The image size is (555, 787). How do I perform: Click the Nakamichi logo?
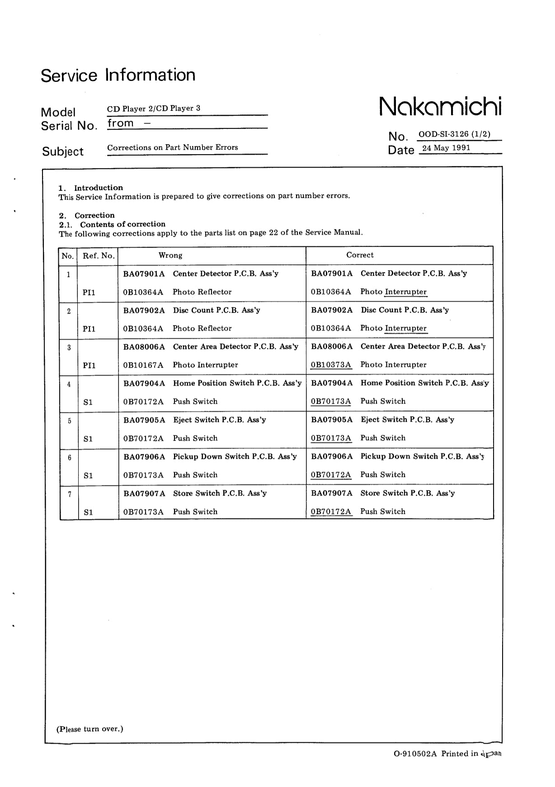[440, 106]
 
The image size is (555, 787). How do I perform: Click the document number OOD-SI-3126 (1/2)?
[454, 134]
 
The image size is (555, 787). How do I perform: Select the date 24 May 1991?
[446, 148]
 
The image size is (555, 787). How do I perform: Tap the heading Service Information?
[118, 75]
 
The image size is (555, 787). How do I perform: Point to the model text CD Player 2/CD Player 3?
[153, 108]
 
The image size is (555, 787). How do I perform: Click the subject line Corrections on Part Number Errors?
[172, 147]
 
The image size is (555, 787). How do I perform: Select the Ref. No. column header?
[98, 256]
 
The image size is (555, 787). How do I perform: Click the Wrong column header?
[170, 255]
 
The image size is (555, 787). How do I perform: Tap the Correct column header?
[360, 255]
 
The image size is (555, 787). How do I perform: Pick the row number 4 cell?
[69, 385]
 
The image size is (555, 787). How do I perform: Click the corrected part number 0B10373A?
[331, 365]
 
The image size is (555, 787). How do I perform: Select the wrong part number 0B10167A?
[143, 365]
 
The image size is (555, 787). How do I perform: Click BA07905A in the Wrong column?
[144, 420]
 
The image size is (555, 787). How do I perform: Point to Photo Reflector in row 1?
[202, 292]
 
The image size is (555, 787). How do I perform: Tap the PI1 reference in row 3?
[89, 365]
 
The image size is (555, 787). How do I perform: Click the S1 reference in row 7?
[88, 512]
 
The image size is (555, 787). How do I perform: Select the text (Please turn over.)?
[89, 729]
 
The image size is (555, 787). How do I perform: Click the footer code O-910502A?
[415, 754]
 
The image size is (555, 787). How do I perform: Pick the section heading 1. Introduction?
[91, 188]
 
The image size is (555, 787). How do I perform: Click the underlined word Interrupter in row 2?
[405, 328]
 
